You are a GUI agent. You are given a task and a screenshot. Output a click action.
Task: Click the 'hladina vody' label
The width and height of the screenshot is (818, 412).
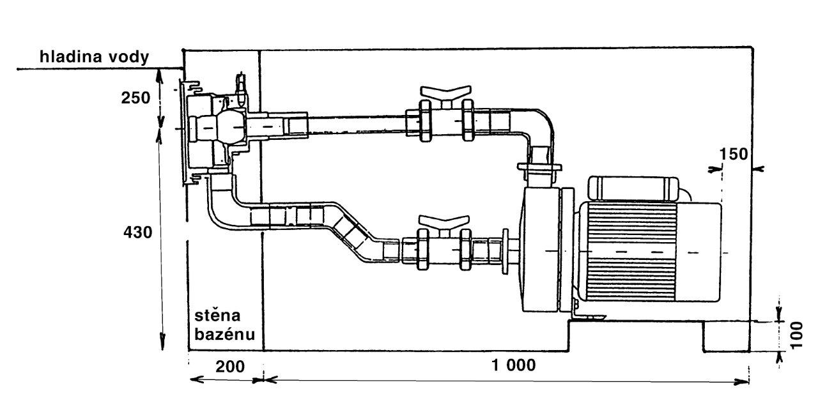94,57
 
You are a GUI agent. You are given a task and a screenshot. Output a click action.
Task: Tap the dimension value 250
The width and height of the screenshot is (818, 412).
135,98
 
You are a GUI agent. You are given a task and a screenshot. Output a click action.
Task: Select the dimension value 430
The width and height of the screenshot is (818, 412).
137,232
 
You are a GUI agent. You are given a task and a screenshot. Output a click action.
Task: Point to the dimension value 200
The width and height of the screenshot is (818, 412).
230,367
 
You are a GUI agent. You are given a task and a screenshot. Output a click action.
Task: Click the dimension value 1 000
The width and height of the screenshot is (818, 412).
514,365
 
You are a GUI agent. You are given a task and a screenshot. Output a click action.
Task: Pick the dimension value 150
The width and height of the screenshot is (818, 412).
734,155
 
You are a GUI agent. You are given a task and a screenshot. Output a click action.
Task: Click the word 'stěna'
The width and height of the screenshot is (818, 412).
217,316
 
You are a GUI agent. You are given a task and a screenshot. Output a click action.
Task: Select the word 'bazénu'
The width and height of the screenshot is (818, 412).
224,334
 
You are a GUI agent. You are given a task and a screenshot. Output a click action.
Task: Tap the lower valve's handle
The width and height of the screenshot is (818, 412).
444,220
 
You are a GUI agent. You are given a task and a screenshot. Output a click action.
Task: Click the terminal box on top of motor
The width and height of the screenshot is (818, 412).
633,188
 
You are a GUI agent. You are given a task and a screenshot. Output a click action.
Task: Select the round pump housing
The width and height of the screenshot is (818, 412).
541,249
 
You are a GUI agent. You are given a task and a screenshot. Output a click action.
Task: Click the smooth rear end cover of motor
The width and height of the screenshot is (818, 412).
698,252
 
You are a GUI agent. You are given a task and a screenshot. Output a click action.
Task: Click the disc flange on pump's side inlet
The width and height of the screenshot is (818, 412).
505,251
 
